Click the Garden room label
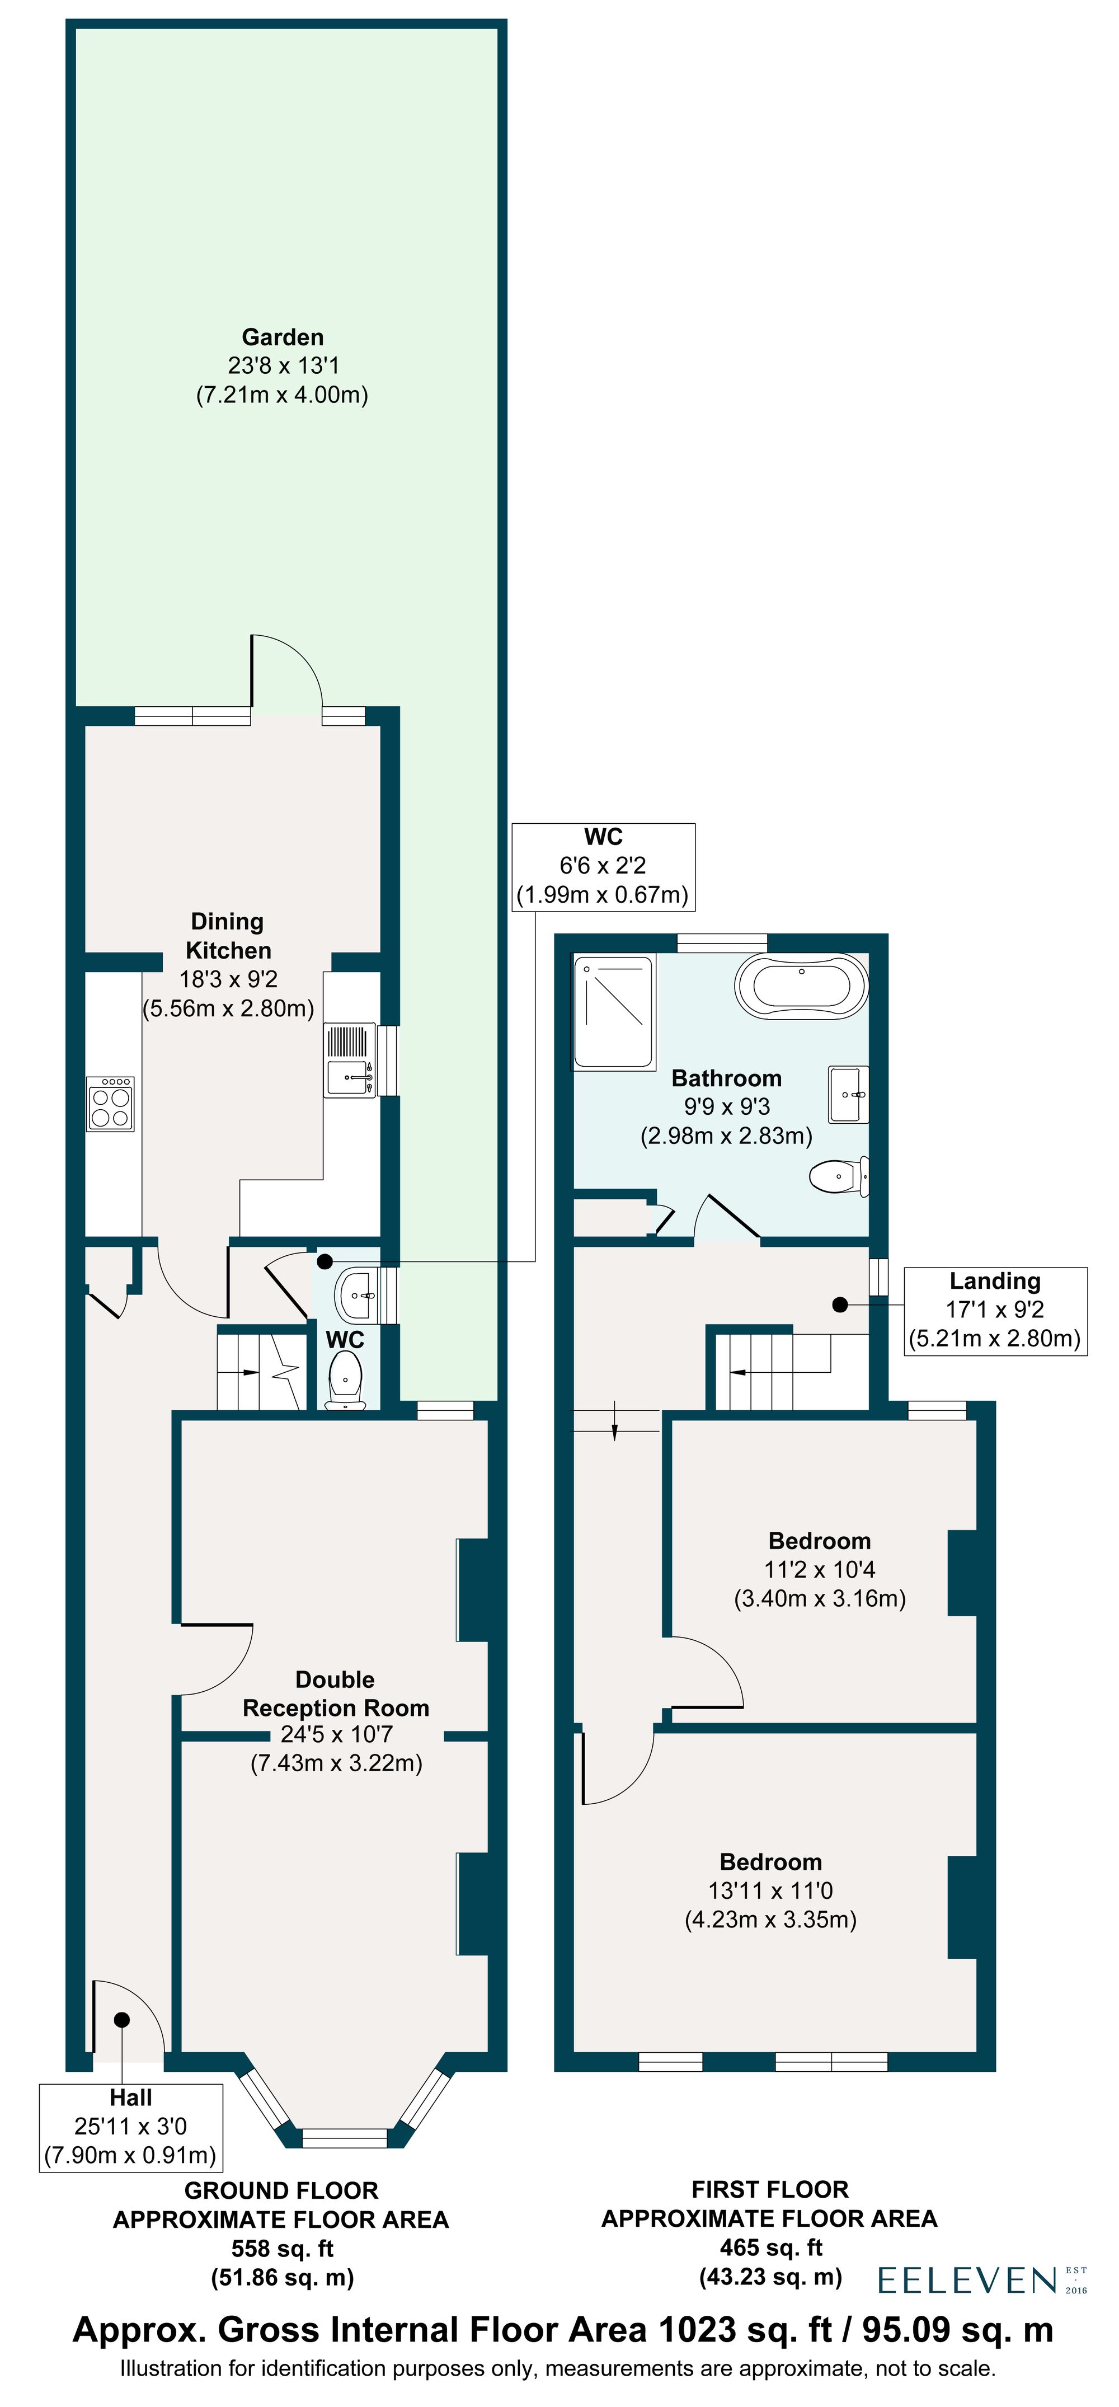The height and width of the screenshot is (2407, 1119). [282, 337]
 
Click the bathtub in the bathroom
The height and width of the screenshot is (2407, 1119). [801, 986]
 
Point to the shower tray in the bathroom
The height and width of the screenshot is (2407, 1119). [613, 1011]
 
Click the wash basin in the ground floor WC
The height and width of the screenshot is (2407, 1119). [358, 1295]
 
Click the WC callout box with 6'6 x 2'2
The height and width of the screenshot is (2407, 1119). [603, 866]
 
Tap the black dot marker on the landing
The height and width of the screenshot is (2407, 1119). [840, 1305]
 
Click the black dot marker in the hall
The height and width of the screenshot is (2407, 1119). [121, 2020]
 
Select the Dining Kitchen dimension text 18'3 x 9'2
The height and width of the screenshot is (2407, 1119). [228, 979]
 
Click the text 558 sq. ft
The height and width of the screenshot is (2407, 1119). [282, 2248]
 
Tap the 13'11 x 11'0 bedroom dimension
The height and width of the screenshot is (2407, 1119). [770, 1890]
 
